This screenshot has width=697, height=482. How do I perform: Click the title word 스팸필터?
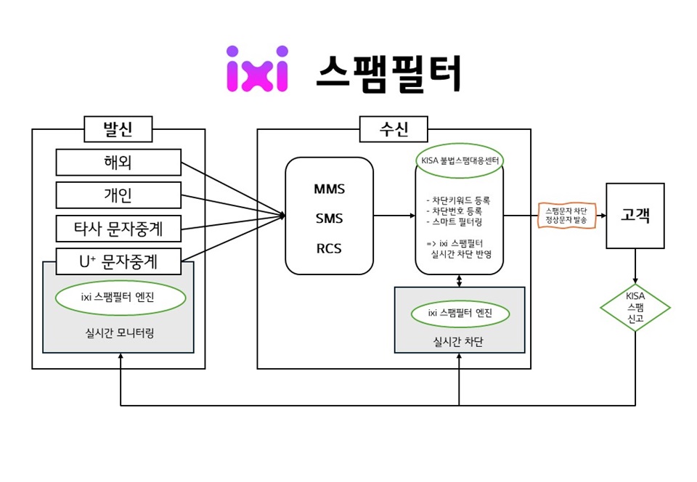click(x=388, y=73)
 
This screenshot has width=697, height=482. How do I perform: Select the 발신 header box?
click(x=118, y=129)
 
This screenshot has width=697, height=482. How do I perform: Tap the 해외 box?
click(x=118, y=163)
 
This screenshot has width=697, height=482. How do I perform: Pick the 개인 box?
click(x=118, y=195)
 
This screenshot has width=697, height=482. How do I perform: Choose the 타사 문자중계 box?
click(x=118, y=229)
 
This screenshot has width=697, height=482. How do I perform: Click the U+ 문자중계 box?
click(x=118, y=261)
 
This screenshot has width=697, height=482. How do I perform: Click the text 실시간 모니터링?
click(x=118, y=332)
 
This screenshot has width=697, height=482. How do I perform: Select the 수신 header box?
click(x=394, y=129)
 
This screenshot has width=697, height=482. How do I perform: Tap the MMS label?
click(x=329, y=189)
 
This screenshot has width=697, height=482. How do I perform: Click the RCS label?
click(x=329, y=248)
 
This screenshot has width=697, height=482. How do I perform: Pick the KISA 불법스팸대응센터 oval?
click(x=460, y=160)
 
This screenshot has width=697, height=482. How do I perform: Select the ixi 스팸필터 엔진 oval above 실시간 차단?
click(x=460, y=314)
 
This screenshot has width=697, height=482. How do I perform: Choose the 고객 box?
click(x=635, y=216)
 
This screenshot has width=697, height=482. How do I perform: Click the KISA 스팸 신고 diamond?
click(x=635, y=308)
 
